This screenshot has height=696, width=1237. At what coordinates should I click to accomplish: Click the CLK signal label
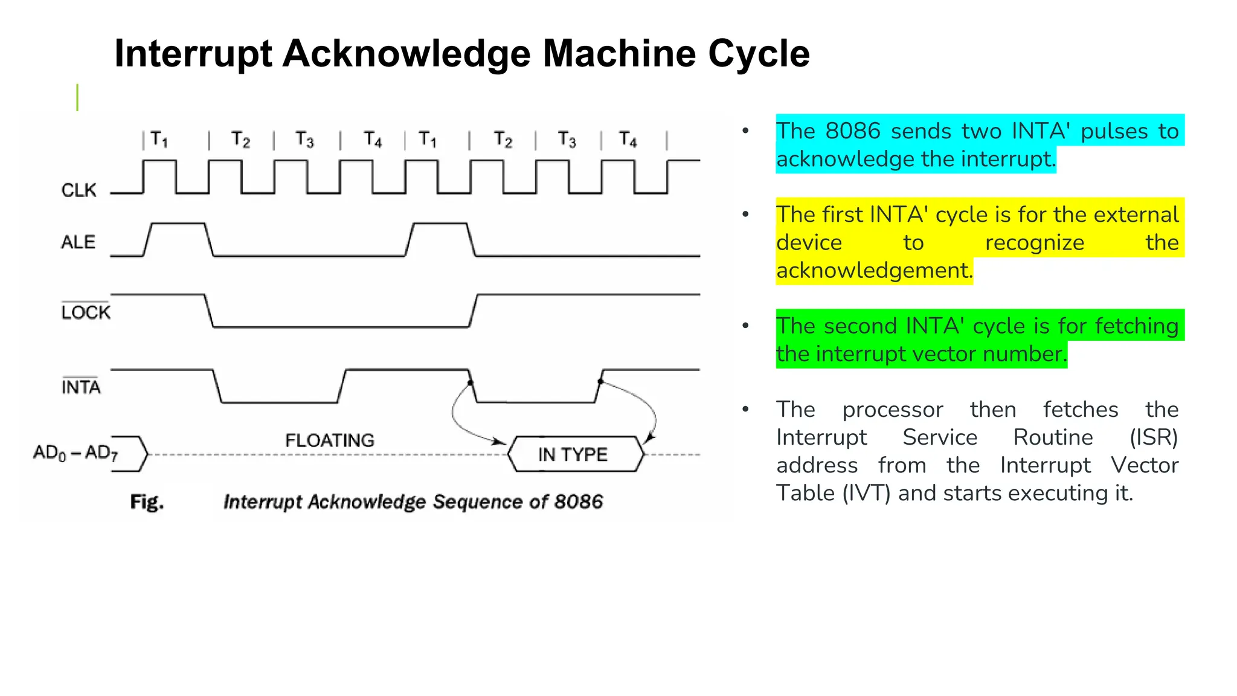(x=79, y=190)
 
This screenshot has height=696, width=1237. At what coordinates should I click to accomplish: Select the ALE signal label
(x=78, y=242)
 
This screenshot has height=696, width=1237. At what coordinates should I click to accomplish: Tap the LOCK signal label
(x=86, y=312)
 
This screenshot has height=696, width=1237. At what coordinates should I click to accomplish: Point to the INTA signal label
(x=81, y=387)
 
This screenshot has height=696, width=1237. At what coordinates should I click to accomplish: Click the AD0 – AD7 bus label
(x=76, y=453)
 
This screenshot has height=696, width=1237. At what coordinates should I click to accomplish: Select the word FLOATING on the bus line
(x=329, y=440)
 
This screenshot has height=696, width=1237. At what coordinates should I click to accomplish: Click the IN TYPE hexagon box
(x=573, y=454)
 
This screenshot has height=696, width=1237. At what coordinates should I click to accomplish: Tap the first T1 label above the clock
(x=159, y=140)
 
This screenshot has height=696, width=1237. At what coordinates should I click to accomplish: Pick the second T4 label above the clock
(x=628, y=140)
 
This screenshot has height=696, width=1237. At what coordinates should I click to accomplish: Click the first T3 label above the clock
(x=304, y=140)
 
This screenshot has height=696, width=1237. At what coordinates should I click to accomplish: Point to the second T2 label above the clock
(x=503, y=140)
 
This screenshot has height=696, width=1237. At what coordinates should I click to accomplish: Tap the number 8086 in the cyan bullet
(x=852, y=131)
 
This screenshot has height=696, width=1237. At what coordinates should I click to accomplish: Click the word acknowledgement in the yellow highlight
(x=874, y=270)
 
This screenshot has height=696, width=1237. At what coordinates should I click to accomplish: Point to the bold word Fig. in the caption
(x=147, y=502)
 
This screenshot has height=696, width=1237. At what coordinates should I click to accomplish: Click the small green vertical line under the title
(x=77, y=98)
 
